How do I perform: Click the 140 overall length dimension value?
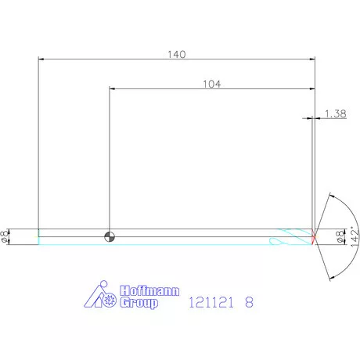click(x=176, y=54)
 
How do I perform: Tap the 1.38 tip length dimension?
click(x=335, y=114)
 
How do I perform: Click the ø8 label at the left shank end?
click(x=7, y=236)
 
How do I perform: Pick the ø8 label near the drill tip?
click(x=340, y=236)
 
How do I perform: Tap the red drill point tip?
click(x=315, y=236)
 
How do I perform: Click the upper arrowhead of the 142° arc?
click(x=330, y=195)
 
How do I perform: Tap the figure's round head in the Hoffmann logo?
click(x=99, y=284)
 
